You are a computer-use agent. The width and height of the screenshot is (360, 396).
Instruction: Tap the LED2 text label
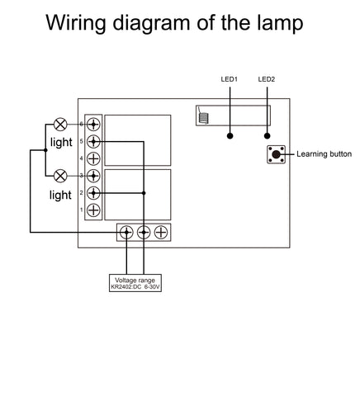[x=267, y=80]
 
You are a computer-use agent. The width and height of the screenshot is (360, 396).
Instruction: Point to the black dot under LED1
[x=231, y=136]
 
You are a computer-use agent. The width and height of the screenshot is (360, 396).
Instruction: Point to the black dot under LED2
[x=267, y=136]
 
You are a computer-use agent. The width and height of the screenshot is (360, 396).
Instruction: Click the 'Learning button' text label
[x=324, y=154]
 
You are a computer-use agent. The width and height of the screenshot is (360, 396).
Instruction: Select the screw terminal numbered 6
[x=94, y=124]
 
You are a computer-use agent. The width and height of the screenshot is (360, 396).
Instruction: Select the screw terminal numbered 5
[x=94, y=141]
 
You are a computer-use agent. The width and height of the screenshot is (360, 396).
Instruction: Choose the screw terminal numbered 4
[x=94, y=158]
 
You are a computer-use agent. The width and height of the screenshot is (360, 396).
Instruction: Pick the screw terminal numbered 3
[x=94, y=176]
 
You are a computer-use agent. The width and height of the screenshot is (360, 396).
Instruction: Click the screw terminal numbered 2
[x=94, y=193]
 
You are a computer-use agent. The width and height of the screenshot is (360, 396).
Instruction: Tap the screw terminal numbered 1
[x=94, y=210]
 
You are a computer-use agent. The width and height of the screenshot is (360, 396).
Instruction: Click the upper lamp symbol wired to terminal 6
[x=59, y=124]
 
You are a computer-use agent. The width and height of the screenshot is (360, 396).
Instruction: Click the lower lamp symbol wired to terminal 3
[x=59, y=176]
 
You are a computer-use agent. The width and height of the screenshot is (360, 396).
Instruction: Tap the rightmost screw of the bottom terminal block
[x=161, y=233]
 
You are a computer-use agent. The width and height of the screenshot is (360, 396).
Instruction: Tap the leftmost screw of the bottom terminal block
[x=126, y=233]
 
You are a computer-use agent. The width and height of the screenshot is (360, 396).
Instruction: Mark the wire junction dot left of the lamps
[x=44, y=150]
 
